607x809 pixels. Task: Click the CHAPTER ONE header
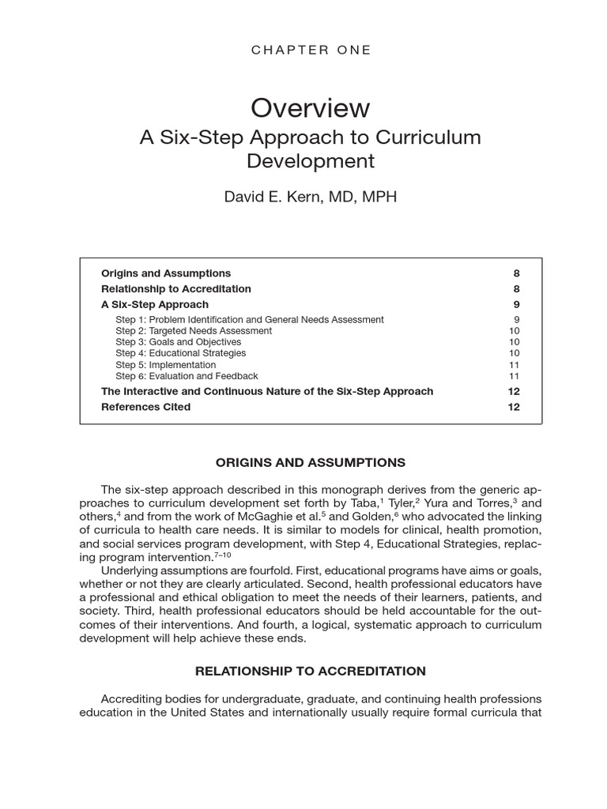(311, 50)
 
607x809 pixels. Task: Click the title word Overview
(310, 107)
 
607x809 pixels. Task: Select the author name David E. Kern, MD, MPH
(310, 197)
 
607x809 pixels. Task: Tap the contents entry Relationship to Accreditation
(175, 289)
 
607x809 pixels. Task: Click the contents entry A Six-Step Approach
(155, 304)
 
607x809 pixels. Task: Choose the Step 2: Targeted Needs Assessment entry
(193, 331)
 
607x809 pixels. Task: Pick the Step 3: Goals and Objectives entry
(178, 342)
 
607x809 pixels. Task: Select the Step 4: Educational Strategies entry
(180, 353)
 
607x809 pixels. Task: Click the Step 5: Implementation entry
(165, 365)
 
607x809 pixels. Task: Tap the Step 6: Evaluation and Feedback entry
(187, 376)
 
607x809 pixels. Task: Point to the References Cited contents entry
(145, 407)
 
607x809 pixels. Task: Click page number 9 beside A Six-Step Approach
(516, 304)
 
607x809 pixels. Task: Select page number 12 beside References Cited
(514, 407)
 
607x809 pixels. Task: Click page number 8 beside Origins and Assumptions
(516, 273)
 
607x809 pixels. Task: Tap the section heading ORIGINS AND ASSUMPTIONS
(311, 462)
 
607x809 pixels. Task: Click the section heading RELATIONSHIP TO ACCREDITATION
(311, 671)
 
